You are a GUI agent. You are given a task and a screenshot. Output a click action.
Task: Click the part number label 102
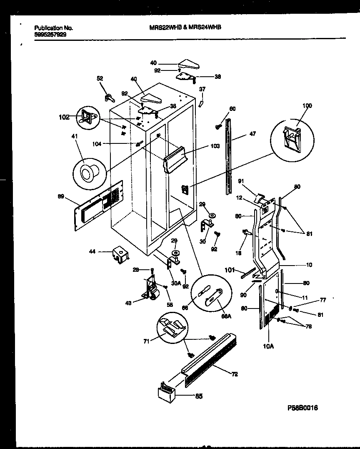point(64,117)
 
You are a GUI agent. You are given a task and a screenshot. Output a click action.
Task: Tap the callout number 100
point(307,106)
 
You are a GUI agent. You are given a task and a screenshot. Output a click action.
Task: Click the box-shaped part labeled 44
point(120,255)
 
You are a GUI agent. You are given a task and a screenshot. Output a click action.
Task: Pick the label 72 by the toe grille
point(234,374)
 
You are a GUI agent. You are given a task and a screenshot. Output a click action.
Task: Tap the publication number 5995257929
point(50,35)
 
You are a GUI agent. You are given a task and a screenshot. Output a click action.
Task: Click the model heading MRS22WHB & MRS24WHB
point(185,27)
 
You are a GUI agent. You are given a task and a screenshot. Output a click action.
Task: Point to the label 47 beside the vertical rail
point(252,134)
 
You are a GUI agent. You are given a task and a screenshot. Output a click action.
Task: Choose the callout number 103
point(215,147)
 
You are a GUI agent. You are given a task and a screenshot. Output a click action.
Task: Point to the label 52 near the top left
point(100,78)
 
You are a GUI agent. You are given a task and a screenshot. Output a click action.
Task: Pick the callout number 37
point(202,89)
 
